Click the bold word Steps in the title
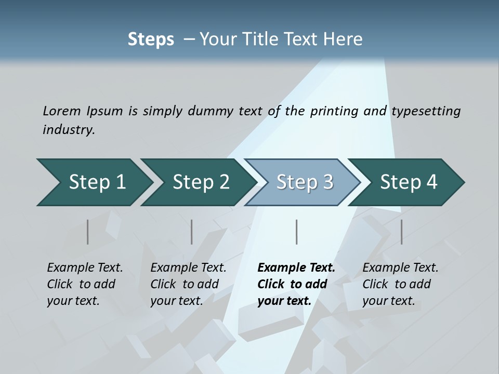tap(151, 39)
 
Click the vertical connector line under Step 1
tap(88, 232)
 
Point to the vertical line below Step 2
tap(192, 232)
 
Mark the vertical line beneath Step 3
tap(296, 232)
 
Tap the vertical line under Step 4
tap(401, 232)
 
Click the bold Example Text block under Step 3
tap(296, 284)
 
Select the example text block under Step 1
tap(85, 284)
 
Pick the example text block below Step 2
tap(188, 284)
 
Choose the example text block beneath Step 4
tap(400, 284)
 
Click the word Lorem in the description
tap(62, 111)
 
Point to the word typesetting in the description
tap(426, 111)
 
